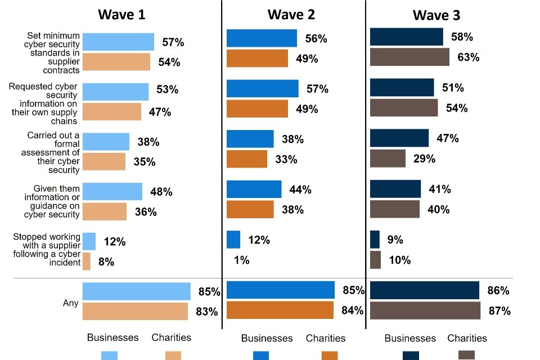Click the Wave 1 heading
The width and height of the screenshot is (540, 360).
pos(121,14)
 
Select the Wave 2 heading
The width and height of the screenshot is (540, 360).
pos(291,14)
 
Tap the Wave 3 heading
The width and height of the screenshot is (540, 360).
pos(436,15)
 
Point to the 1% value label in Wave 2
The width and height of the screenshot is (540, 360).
pos(242,260)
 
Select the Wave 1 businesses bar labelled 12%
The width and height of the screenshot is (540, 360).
pos(89,241)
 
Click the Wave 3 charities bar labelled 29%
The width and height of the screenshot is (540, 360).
pos(388,158)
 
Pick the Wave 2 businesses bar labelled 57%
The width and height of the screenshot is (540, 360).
pos(262,88)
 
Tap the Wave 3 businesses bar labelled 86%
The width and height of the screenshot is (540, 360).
pos(424,290)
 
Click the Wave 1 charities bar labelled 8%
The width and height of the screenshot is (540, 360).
pos(87,261)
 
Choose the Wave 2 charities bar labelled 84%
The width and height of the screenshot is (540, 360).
pos(280,310)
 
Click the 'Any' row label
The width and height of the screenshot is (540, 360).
pos(70,303)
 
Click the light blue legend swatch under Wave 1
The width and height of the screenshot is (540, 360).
pos(109,355)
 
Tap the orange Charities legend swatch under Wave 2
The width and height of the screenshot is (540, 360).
pos(330,355)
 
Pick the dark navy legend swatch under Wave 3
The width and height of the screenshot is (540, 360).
pos(411,355)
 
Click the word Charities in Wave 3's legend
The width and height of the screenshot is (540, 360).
pos(467,338)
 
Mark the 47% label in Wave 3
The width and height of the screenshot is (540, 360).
pos(448,138)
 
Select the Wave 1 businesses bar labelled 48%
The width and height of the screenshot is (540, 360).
pos(112,191)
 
